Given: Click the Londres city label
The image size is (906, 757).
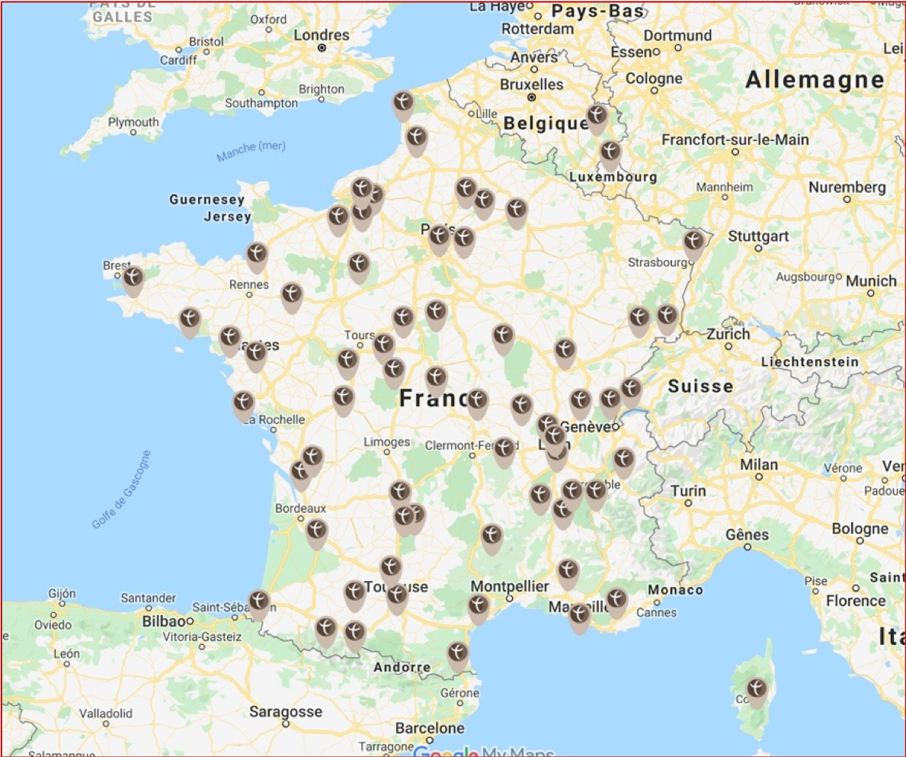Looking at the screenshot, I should pos(321,35).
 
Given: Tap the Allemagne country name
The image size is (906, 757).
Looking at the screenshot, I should pos(815,79).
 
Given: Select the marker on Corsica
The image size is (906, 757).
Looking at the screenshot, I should pos(757,690).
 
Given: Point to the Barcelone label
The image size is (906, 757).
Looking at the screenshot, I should pos(429,729).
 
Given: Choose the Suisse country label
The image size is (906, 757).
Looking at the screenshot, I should pos(700,387).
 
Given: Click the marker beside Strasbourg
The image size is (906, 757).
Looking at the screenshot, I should pos(693,243).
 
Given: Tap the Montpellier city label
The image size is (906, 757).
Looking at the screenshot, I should pos(509,586).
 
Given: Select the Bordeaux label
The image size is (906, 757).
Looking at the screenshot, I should pos(300,508).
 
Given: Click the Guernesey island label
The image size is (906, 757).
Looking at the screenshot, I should pos(207,200).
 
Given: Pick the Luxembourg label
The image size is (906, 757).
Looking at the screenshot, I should pos(613,178).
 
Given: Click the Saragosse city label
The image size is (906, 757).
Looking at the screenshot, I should pos(286,712).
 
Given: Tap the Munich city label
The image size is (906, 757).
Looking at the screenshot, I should pos(871,281).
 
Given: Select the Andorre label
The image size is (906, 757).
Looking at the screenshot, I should pos(402,668).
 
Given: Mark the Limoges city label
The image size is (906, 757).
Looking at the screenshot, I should pos(387,442).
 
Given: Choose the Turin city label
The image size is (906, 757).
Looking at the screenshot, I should pos(688,491).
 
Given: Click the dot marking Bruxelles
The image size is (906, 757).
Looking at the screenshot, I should pos(532,98).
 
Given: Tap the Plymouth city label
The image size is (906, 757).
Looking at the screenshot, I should pos(133,122).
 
